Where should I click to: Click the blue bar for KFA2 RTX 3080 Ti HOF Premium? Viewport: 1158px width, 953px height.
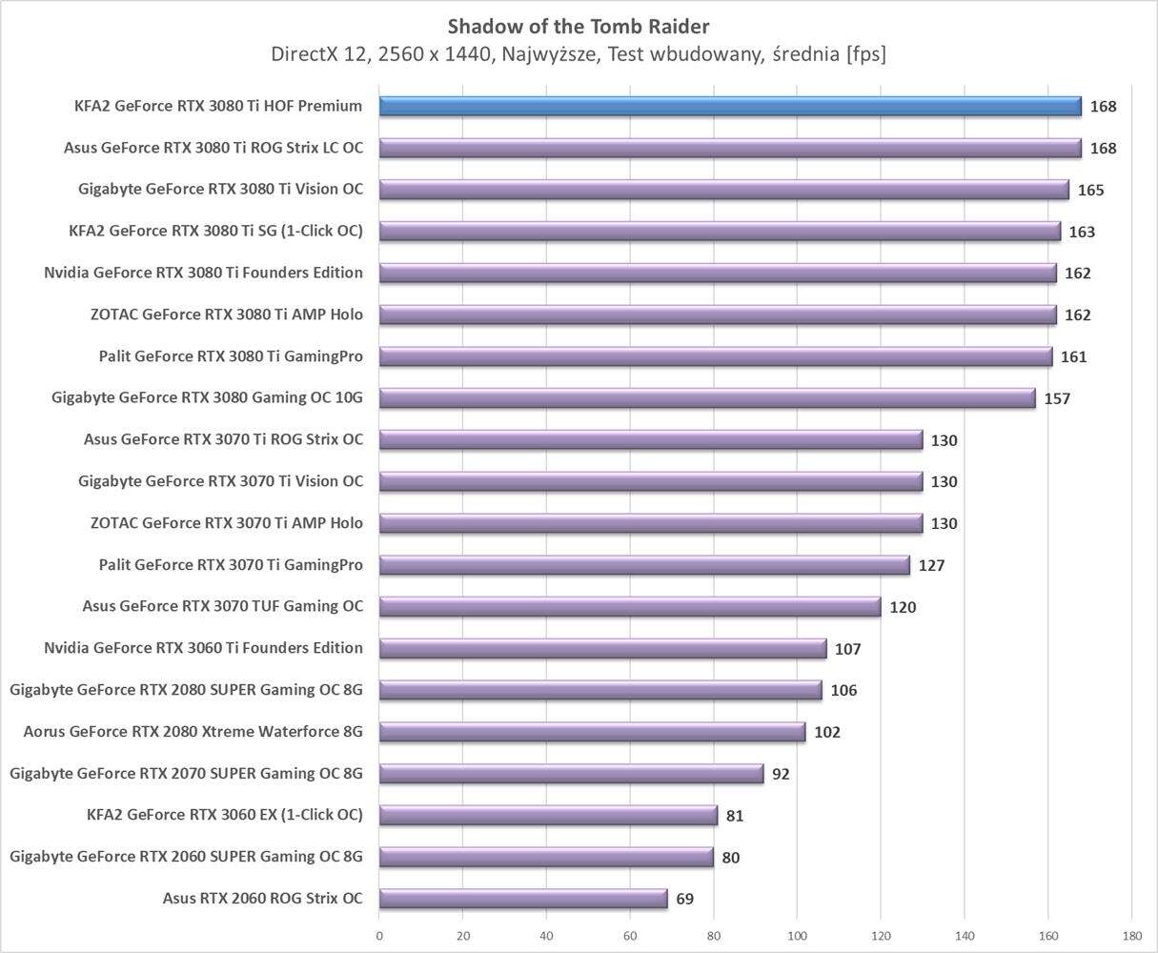tap(730, 106)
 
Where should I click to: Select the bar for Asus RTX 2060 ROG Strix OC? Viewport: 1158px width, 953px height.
tap(523, 899)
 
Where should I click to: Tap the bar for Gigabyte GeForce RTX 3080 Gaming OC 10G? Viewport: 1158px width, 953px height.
tap(707, 397)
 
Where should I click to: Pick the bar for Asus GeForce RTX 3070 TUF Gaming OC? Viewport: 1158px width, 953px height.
tap(630, 606)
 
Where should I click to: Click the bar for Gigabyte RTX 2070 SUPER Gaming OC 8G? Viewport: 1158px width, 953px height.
tap(572, 773)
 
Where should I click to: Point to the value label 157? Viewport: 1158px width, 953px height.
tap(1057, 398)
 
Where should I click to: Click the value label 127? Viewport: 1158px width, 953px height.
tap(931, 565)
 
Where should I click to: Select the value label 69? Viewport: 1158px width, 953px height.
tap(684, 900)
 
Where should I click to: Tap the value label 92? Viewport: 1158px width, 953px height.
tap(781, 774)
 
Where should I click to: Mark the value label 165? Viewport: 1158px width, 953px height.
tap(1090, 191)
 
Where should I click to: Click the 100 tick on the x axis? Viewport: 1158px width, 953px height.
tap(797, 936)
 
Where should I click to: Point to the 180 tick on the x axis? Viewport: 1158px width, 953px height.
tap(1131, 936)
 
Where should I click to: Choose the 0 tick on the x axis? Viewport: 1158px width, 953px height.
tap(379, 936)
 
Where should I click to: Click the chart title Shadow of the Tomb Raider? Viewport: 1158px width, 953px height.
tap(579, 26)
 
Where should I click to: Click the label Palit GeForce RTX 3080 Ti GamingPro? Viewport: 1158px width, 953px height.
tap(231, 356)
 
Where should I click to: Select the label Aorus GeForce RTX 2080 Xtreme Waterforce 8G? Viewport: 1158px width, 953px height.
tap(193, 732)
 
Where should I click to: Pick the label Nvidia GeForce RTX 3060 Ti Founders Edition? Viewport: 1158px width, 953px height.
tap(203, 648)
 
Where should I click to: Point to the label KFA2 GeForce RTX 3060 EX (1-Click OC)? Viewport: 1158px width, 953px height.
tap(224, 815)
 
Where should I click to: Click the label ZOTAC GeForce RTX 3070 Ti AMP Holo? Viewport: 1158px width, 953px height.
tap(227, 523)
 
